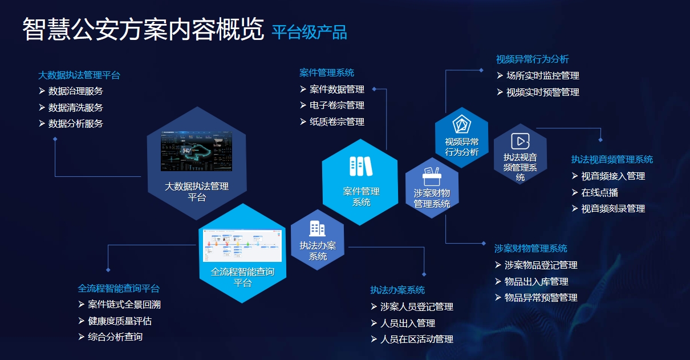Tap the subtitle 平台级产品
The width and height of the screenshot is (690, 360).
coord(309,32)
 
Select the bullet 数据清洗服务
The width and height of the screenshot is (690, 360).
coord(75,107)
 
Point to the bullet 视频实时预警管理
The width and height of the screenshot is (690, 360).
coord(542,92)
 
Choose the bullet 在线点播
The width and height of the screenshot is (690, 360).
coord(599,193)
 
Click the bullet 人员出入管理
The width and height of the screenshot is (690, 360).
coord(407,323)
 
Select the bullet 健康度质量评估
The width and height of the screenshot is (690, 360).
coord(120,321)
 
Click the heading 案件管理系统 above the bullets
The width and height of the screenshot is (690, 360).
coord(327,73)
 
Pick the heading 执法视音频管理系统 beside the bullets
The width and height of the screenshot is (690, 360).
coord(612,160)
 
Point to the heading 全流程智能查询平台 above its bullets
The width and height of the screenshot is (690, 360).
coord(119,289)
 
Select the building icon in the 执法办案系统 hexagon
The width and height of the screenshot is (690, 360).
coord(318,228)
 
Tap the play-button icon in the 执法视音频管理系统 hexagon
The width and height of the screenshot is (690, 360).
coord(520,141)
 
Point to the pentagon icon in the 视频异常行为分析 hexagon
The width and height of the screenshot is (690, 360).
coord(461,124)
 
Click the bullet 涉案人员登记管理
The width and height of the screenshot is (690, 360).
coord(416,307)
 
